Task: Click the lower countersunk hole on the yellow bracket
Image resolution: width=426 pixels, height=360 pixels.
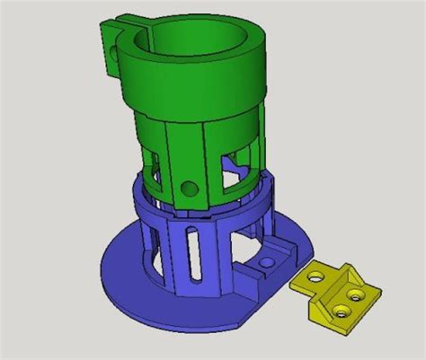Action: point(342,311)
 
